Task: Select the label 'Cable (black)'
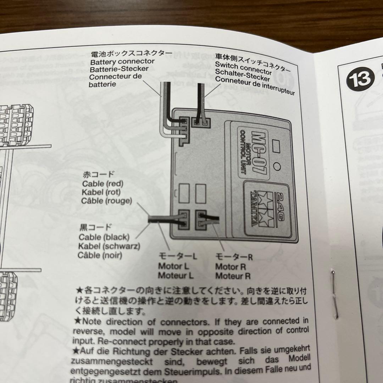pyautogui.click(x=104, y=237)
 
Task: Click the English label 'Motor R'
pyautogui.click(x=231, y=267)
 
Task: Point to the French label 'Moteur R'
pyautogui.click(x=233, y=276)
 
